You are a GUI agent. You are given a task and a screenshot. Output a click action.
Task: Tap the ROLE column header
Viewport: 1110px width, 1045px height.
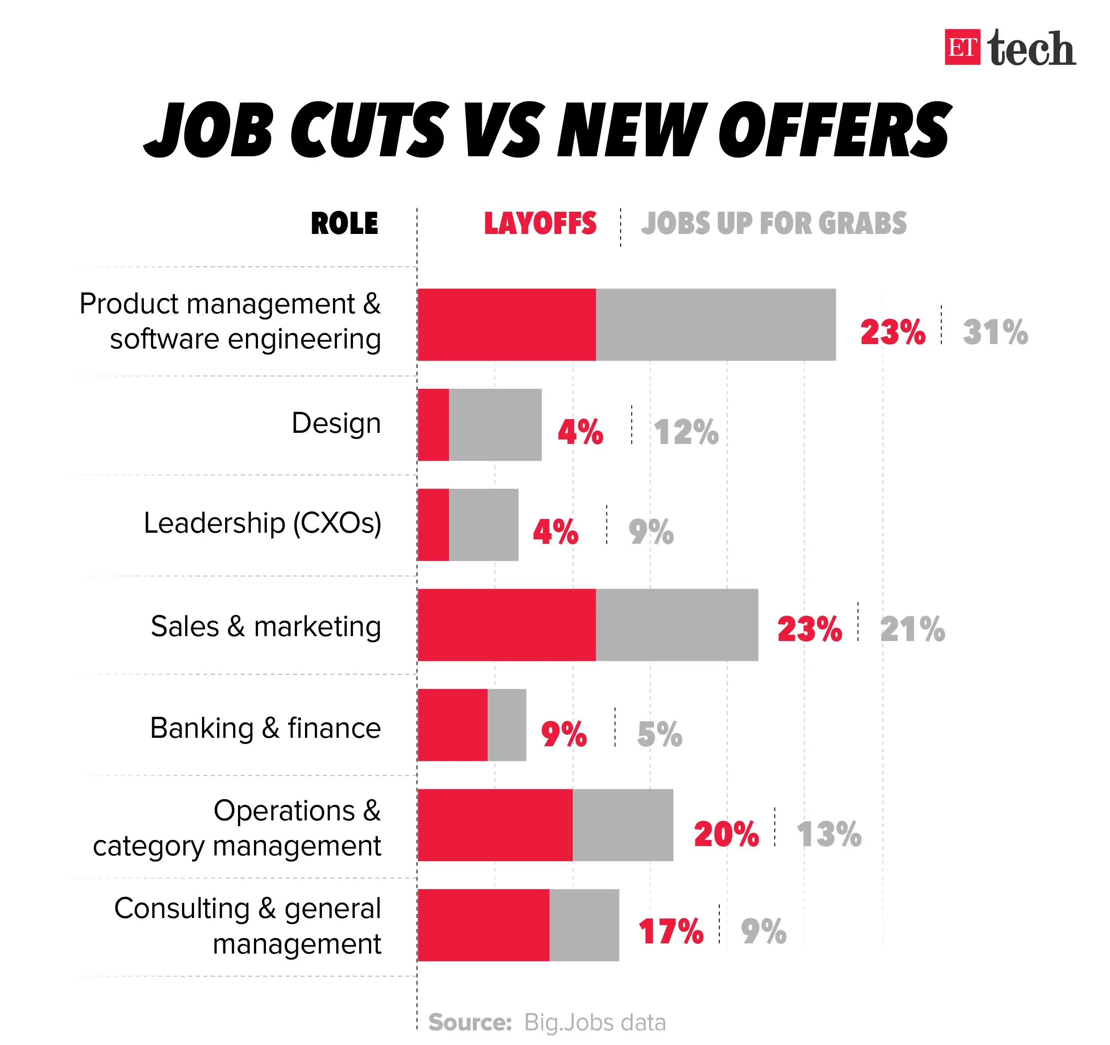click(344, 223)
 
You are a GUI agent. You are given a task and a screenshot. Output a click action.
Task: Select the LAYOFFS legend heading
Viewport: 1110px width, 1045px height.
click(539, 223)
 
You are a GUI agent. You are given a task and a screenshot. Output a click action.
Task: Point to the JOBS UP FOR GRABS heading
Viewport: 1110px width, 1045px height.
click(773, 223)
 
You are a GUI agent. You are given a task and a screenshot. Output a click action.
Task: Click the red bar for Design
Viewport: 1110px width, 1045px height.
click(433, 425)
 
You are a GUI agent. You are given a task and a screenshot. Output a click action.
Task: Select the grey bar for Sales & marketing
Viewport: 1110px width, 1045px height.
click(677, 625)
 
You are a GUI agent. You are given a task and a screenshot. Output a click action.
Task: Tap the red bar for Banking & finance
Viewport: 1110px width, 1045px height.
click(452, 724)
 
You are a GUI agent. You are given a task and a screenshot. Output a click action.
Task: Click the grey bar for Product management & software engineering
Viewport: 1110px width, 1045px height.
click(715, 325)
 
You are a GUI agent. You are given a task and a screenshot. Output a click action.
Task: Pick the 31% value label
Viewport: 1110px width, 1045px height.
click(995, 332)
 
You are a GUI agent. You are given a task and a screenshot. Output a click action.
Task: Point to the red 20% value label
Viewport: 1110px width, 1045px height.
click(726, 835)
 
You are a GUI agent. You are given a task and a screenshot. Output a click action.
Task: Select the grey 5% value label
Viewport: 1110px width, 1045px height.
click(659, 734)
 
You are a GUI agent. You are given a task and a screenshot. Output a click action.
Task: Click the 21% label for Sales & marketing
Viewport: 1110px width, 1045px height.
click(912, 629)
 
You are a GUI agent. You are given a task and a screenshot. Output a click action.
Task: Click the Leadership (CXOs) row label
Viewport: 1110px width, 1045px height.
click(262, 523)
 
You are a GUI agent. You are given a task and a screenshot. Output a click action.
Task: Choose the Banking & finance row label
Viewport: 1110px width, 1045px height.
click(265, 728)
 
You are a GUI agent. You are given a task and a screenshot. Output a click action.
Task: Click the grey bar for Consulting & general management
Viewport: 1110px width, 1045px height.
click(584, 925)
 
